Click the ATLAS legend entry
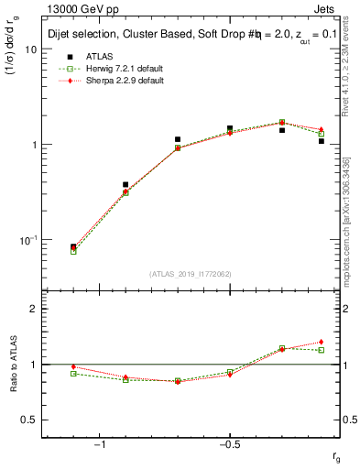(102, 57)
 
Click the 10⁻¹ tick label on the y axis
(27, 240)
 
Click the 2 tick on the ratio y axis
(34, 309)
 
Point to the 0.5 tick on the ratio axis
(30, 420)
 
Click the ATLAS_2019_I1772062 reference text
(190, 274)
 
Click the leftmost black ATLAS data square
(73, 247)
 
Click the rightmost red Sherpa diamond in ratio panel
(322, 342)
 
